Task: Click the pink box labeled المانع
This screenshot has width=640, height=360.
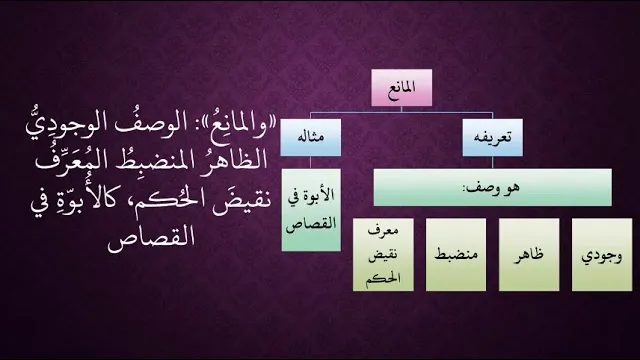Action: click(x=402, y=88)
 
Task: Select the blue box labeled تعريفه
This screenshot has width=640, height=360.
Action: click(x=492, y=138)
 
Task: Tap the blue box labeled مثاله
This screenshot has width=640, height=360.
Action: click(x=311, y=138)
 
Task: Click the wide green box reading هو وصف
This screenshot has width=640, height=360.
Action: click(x=493, y=187)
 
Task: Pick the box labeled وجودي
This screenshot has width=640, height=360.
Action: click(x=602, y=255)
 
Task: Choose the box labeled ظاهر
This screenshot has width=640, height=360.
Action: click(x=529, y=255)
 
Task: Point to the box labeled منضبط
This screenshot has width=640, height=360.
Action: click(x=456, y=255)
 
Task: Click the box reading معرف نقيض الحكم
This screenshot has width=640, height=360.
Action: click(x=383, y=255)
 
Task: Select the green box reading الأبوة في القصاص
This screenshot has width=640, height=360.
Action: click(x=311, y=210)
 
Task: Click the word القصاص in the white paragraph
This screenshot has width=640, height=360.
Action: click(x=151, y=239)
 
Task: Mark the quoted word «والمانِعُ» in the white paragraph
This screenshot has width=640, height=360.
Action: click(x=231, y=125)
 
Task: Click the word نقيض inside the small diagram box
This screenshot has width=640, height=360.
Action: click(x=383, y=256)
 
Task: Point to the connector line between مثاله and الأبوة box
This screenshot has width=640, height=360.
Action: click(x=311, y=163)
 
